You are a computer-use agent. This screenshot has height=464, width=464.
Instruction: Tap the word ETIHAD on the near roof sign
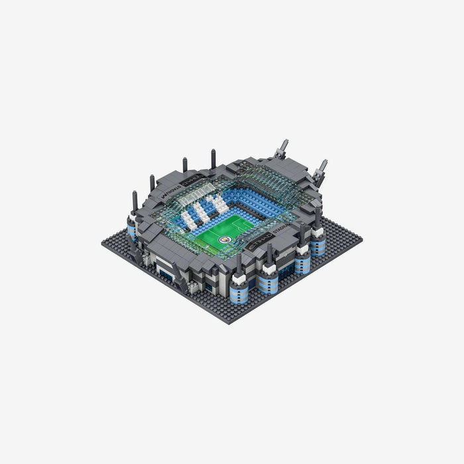point(254,245)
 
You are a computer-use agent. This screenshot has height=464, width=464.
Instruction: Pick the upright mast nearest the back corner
point(213,158)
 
